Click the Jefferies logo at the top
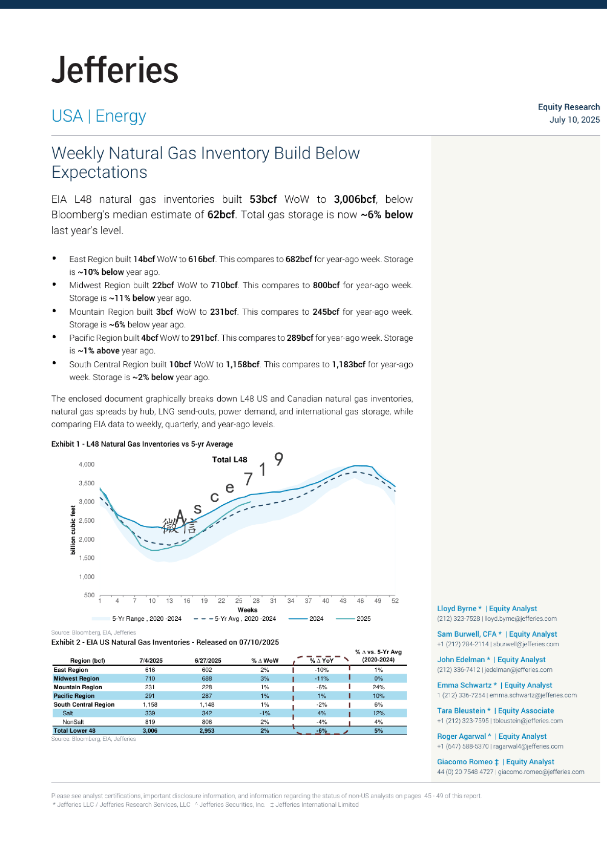click(115, 70)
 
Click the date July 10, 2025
click(574, 120)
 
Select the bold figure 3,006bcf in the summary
click(355, 199)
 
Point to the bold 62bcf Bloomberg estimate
click(221, 215)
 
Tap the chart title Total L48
click(229, 459)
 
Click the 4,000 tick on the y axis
click(86, 464)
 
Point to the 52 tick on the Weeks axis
click(395, 601)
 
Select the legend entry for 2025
click(363, 619)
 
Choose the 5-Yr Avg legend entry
click(245, 619)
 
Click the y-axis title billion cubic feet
click(73, 530)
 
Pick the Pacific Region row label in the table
click(74, 696)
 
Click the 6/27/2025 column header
click(207, 661)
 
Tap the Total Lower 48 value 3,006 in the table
click(150, 731)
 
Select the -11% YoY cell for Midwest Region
click(322, 678)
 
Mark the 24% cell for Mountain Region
click(378, 687)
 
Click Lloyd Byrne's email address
click(521, 619)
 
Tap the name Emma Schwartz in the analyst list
click(464, 685)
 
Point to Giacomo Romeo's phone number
click(465, 772)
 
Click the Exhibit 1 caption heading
click(142, 444)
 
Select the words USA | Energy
click(99, 116)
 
